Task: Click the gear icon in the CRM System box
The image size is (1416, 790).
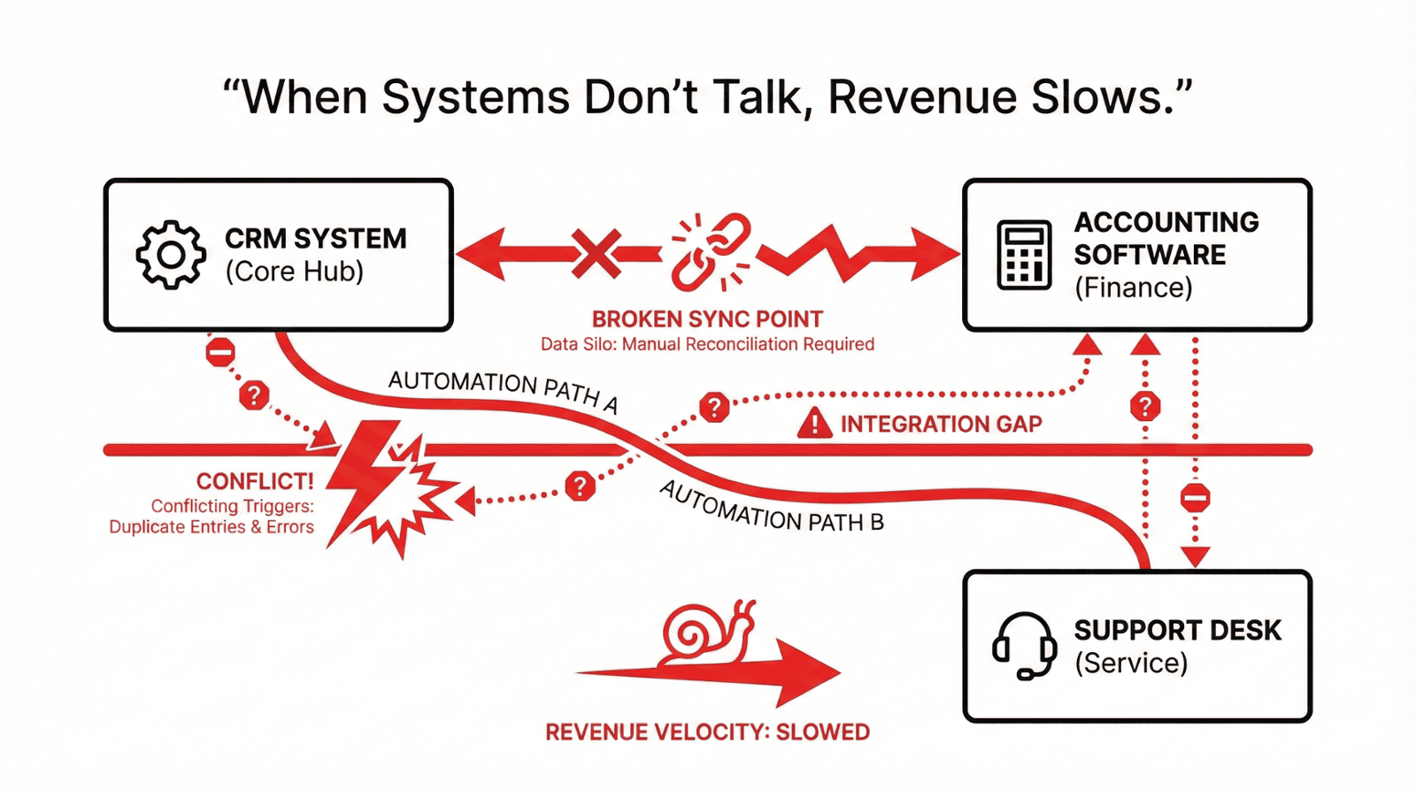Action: (x=171, y=255)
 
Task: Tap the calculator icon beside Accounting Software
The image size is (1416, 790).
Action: (x=1024, y=255)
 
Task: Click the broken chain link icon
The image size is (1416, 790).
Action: (x=710, y=251)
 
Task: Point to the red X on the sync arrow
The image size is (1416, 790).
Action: (x=596, y=254)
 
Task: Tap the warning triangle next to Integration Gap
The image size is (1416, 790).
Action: (x=814, y=424)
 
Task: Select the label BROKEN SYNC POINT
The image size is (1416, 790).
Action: (x=707, y=318)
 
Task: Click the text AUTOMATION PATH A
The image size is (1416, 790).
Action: (x=503, y=390)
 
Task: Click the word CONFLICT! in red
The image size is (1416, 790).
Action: (x=255, y=481)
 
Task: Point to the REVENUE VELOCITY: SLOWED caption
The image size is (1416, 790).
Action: (x=707, y=732)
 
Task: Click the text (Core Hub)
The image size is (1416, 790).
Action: (x=294, y=272)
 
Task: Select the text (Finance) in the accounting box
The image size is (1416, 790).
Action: (x=1133, y=288)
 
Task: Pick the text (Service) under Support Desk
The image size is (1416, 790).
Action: (x=1130, y=663)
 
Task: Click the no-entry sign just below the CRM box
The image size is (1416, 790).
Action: (x=220, y=352)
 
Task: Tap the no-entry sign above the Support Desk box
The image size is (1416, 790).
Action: (x=1195, y=497)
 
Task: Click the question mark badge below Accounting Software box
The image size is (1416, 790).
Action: (x=1144, y=407)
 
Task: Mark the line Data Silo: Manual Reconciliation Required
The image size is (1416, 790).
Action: (x=707, y=344)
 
